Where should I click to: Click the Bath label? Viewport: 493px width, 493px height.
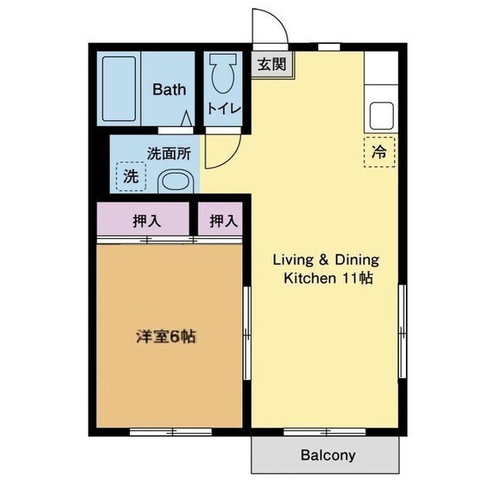[169, 89]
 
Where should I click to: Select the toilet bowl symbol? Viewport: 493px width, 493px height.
[225, 76]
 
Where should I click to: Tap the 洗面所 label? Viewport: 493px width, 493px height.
[169, 153]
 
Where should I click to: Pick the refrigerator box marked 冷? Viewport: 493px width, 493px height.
[378, 152]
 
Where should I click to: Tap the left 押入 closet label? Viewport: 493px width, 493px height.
[146, 222]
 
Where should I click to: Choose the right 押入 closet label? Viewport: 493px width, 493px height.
[223, 222]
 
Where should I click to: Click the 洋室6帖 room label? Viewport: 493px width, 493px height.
[166, 337]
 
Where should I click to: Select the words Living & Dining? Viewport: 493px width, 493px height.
[326, 260]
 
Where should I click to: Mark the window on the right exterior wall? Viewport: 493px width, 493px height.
[401, 331]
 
